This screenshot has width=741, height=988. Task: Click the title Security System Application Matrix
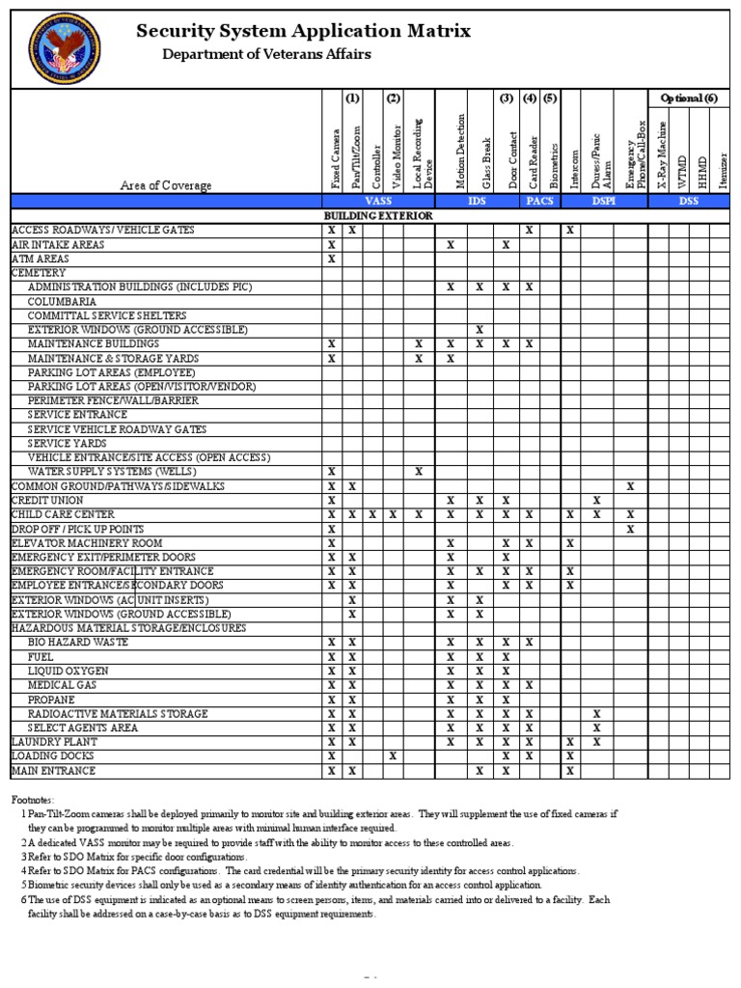(x=304, y=31)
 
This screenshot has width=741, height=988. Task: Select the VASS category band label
(x=378, y=201)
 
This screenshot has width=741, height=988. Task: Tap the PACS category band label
(x=539, y=201)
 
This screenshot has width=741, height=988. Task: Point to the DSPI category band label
(x=604, y=201)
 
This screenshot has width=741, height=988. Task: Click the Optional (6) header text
(x=688, y=98)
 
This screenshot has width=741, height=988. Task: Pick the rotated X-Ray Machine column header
(x=661, y=154)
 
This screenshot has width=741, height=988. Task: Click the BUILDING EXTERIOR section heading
(x=378, y=216)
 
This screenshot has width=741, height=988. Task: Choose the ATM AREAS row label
(x=41, y=259)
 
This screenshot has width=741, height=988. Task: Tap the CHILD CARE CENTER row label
(x=63, y=515)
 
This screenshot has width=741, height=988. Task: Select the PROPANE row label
(x=51, y=700)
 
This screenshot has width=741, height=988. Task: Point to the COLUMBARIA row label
(x=62, y=301)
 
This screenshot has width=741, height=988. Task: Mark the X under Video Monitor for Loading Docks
(x=393, y=757)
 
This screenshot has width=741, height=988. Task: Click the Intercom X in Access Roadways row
(x=570, y=231)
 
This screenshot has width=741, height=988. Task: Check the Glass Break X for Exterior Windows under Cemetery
(x=480, y=330)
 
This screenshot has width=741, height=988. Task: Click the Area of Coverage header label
(x=166, y=185)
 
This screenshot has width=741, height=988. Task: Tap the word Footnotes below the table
(x=33, y=800)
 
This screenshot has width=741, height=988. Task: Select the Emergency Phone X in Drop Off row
(x=630, y=530)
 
